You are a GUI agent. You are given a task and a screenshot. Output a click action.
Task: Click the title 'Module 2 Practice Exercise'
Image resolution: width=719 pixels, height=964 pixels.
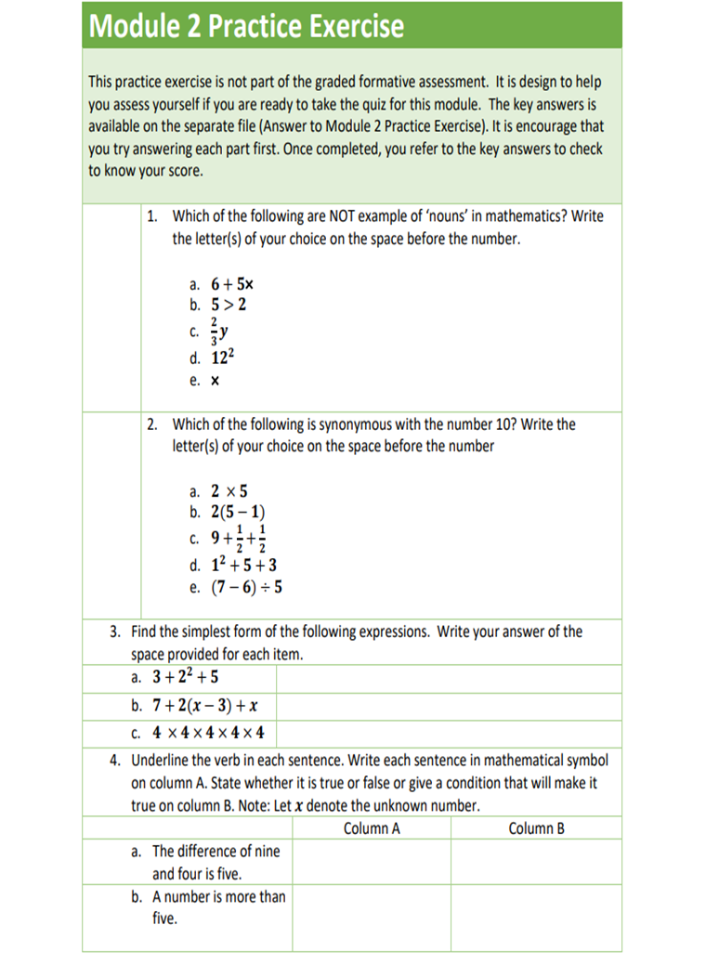(246, 26)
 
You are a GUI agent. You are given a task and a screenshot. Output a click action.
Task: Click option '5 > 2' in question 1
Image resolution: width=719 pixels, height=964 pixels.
(229, 305)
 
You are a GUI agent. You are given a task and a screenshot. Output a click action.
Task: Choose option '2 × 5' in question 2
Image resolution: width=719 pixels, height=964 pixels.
(229, 491)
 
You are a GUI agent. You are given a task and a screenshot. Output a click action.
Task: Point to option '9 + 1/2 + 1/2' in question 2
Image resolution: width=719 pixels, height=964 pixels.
(238, 538)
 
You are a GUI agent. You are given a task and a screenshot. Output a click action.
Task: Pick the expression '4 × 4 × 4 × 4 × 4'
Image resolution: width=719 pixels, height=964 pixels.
(208, 733)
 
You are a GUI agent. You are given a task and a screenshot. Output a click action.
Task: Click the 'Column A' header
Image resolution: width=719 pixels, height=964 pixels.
(372, 828)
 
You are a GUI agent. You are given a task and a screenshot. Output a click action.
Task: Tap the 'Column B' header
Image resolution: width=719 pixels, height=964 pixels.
(536, 828)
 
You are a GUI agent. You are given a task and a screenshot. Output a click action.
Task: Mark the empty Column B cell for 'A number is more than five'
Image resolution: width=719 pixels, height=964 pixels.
(536, 918)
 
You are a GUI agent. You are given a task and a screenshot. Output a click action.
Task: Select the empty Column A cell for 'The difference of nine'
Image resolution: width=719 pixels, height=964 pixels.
(372, 862)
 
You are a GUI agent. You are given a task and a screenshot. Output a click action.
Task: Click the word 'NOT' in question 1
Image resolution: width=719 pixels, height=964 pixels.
(345, 216)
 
